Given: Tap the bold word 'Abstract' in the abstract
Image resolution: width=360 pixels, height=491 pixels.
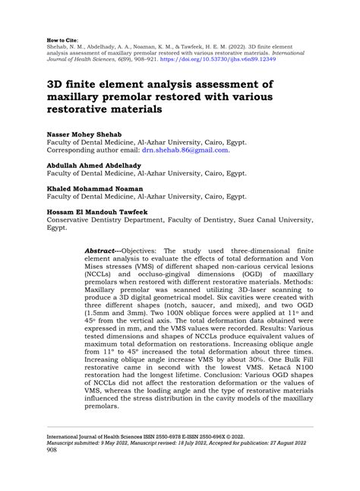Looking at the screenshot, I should click(x=102, y=249).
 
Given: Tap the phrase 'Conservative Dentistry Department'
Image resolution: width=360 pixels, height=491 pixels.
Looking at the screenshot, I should click(x=94, y=218).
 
